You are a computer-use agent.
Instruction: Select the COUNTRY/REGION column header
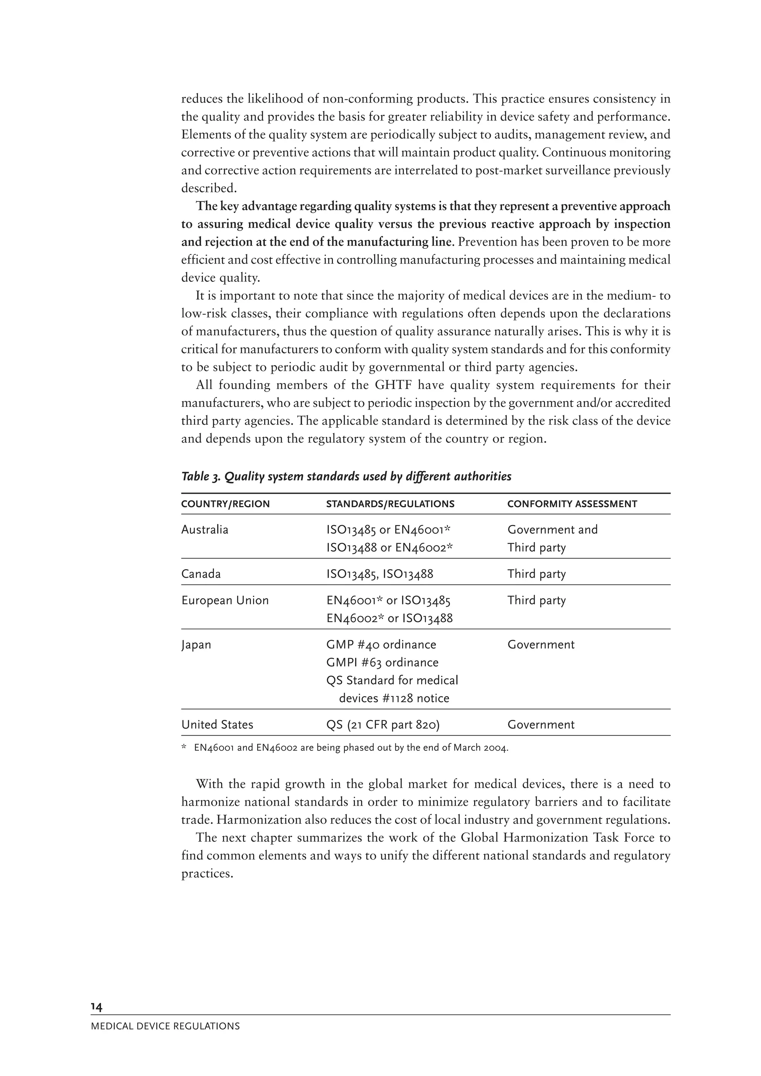click(x=226, y=504)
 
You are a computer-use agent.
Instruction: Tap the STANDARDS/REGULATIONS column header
click(x=390, y=504)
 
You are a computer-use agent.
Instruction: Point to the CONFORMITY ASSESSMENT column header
click(x=572, y=504)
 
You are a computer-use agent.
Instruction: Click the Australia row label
click(x=205, y=529)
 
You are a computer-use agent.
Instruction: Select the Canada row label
click(x=201, y=574)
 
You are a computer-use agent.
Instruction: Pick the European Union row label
click(x=225, y=600)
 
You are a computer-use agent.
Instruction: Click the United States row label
click(x=217, y=724)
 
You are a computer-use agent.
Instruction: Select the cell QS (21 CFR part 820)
click(x=383, y=724)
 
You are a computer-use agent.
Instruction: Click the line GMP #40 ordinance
click(x=381, y=645)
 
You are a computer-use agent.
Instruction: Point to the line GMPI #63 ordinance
click(x=382, y=662)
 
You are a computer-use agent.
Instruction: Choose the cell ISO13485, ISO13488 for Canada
click(x=380, y=574)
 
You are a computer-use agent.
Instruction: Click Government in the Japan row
click(x=541, y=645)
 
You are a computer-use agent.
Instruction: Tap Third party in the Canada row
click(x=537, y=574)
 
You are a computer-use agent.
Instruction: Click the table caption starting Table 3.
click(x=346, y=477)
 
